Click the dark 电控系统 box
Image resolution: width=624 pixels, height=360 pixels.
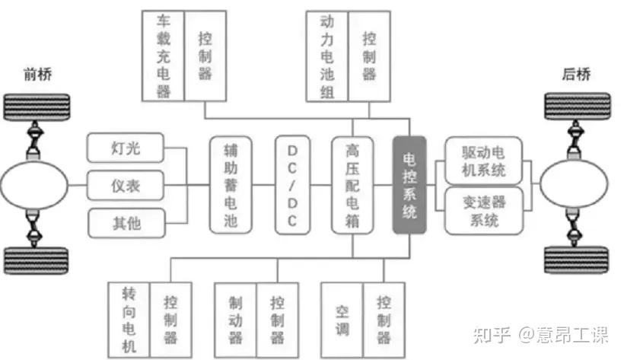click(x=409, y=185)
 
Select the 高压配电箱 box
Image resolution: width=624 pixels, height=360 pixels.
click(x=351, y=185)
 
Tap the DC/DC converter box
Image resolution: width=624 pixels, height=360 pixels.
click(x=293, y=185)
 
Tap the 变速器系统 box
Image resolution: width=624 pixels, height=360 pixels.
click(x=485, y=211)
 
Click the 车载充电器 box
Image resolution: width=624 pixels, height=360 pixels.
click(x=163, y=56)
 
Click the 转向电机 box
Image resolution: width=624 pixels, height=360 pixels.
click(x=129, y=318)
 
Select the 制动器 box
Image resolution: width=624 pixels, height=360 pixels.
click(x=236, y=318)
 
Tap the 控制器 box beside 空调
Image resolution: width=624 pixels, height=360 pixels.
click(x=383, y=318)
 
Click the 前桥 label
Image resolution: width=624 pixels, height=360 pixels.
click(x=37, y=74)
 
